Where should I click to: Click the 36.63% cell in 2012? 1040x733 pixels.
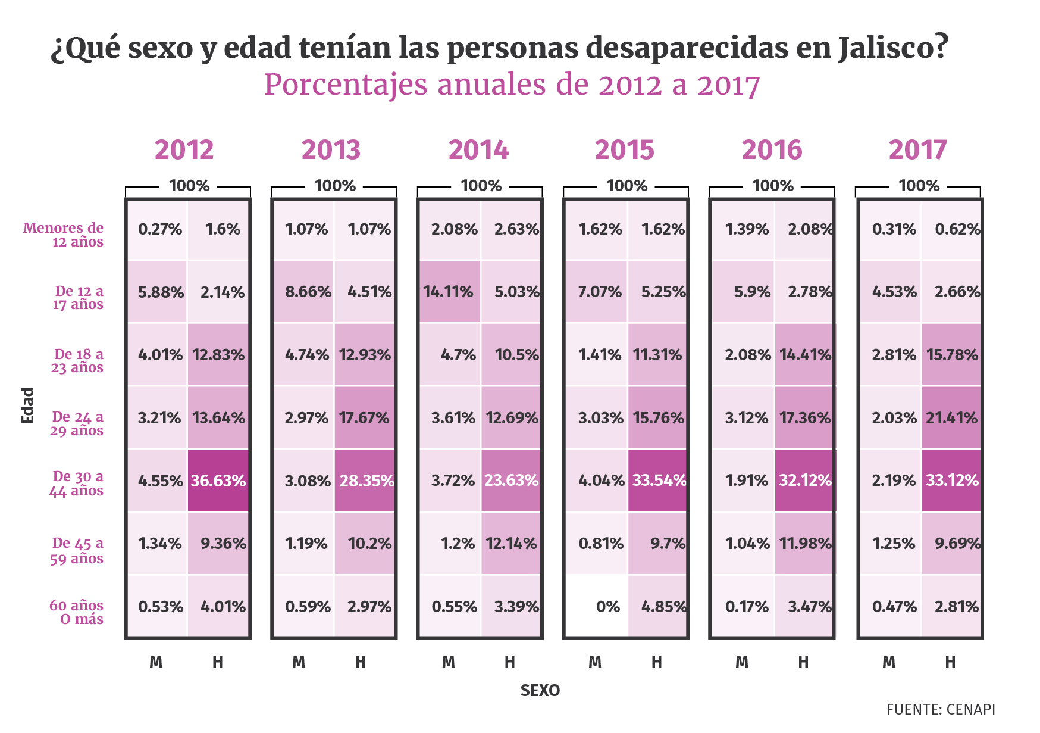[x=218, y=481]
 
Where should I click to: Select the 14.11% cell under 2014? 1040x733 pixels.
[x=449, y=292]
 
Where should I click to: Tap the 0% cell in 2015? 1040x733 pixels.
[x=596, y=606]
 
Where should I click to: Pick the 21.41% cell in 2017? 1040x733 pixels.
[x=951, y=417]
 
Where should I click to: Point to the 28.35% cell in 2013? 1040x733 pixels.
[x=365, y=481]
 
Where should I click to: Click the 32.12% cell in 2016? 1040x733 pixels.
[x=804, y=481]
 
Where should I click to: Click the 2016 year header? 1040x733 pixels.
[x=772, y=149]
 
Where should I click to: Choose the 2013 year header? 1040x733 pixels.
[x=331, y=149]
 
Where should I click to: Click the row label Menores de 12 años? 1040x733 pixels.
[x=64, y=235]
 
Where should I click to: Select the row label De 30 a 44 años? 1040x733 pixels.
[x=77, y=484]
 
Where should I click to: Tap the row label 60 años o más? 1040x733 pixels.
[x=77, y=612]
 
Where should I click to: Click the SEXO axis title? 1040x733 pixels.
[x=540, y=691]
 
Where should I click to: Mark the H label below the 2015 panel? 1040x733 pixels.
[x=656, y=662]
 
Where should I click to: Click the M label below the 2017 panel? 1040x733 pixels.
[x=888, y=662]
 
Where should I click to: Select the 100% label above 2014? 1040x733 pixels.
[x=481, y=186]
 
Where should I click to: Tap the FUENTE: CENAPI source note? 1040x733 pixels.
[x=940, y=709]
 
